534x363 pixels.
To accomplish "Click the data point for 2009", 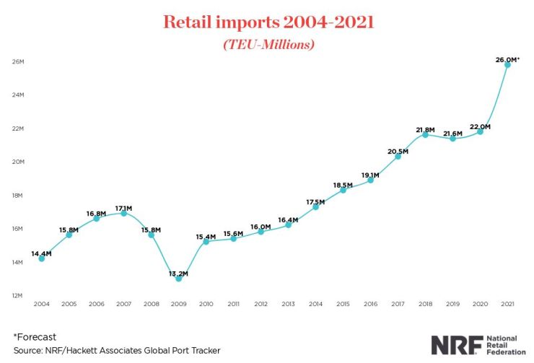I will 178,278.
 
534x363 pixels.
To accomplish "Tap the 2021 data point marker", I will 508,65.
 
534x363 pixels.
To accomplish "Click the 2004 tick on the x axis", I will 41,305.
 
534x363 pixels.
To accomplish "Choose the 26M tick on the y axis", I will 18,61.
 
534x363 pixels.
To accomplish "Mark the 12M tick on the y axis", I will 18,296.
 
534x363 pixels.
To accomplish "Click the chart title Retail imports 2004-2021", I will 266,22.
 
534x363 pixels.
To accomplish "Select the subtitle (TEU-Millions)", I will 266,44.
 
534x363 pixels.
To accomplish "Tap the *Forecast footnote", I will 35,337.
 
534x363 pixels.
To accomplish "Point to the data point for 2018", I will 426,134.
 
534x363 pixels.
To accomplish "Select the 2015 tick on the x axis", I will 343,305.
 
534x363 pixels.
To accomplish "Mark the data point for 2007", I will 123,213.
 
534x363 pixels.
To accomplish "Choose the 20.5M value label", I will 398,152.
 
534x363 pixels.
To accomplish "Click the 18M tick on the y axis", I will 18,196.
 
